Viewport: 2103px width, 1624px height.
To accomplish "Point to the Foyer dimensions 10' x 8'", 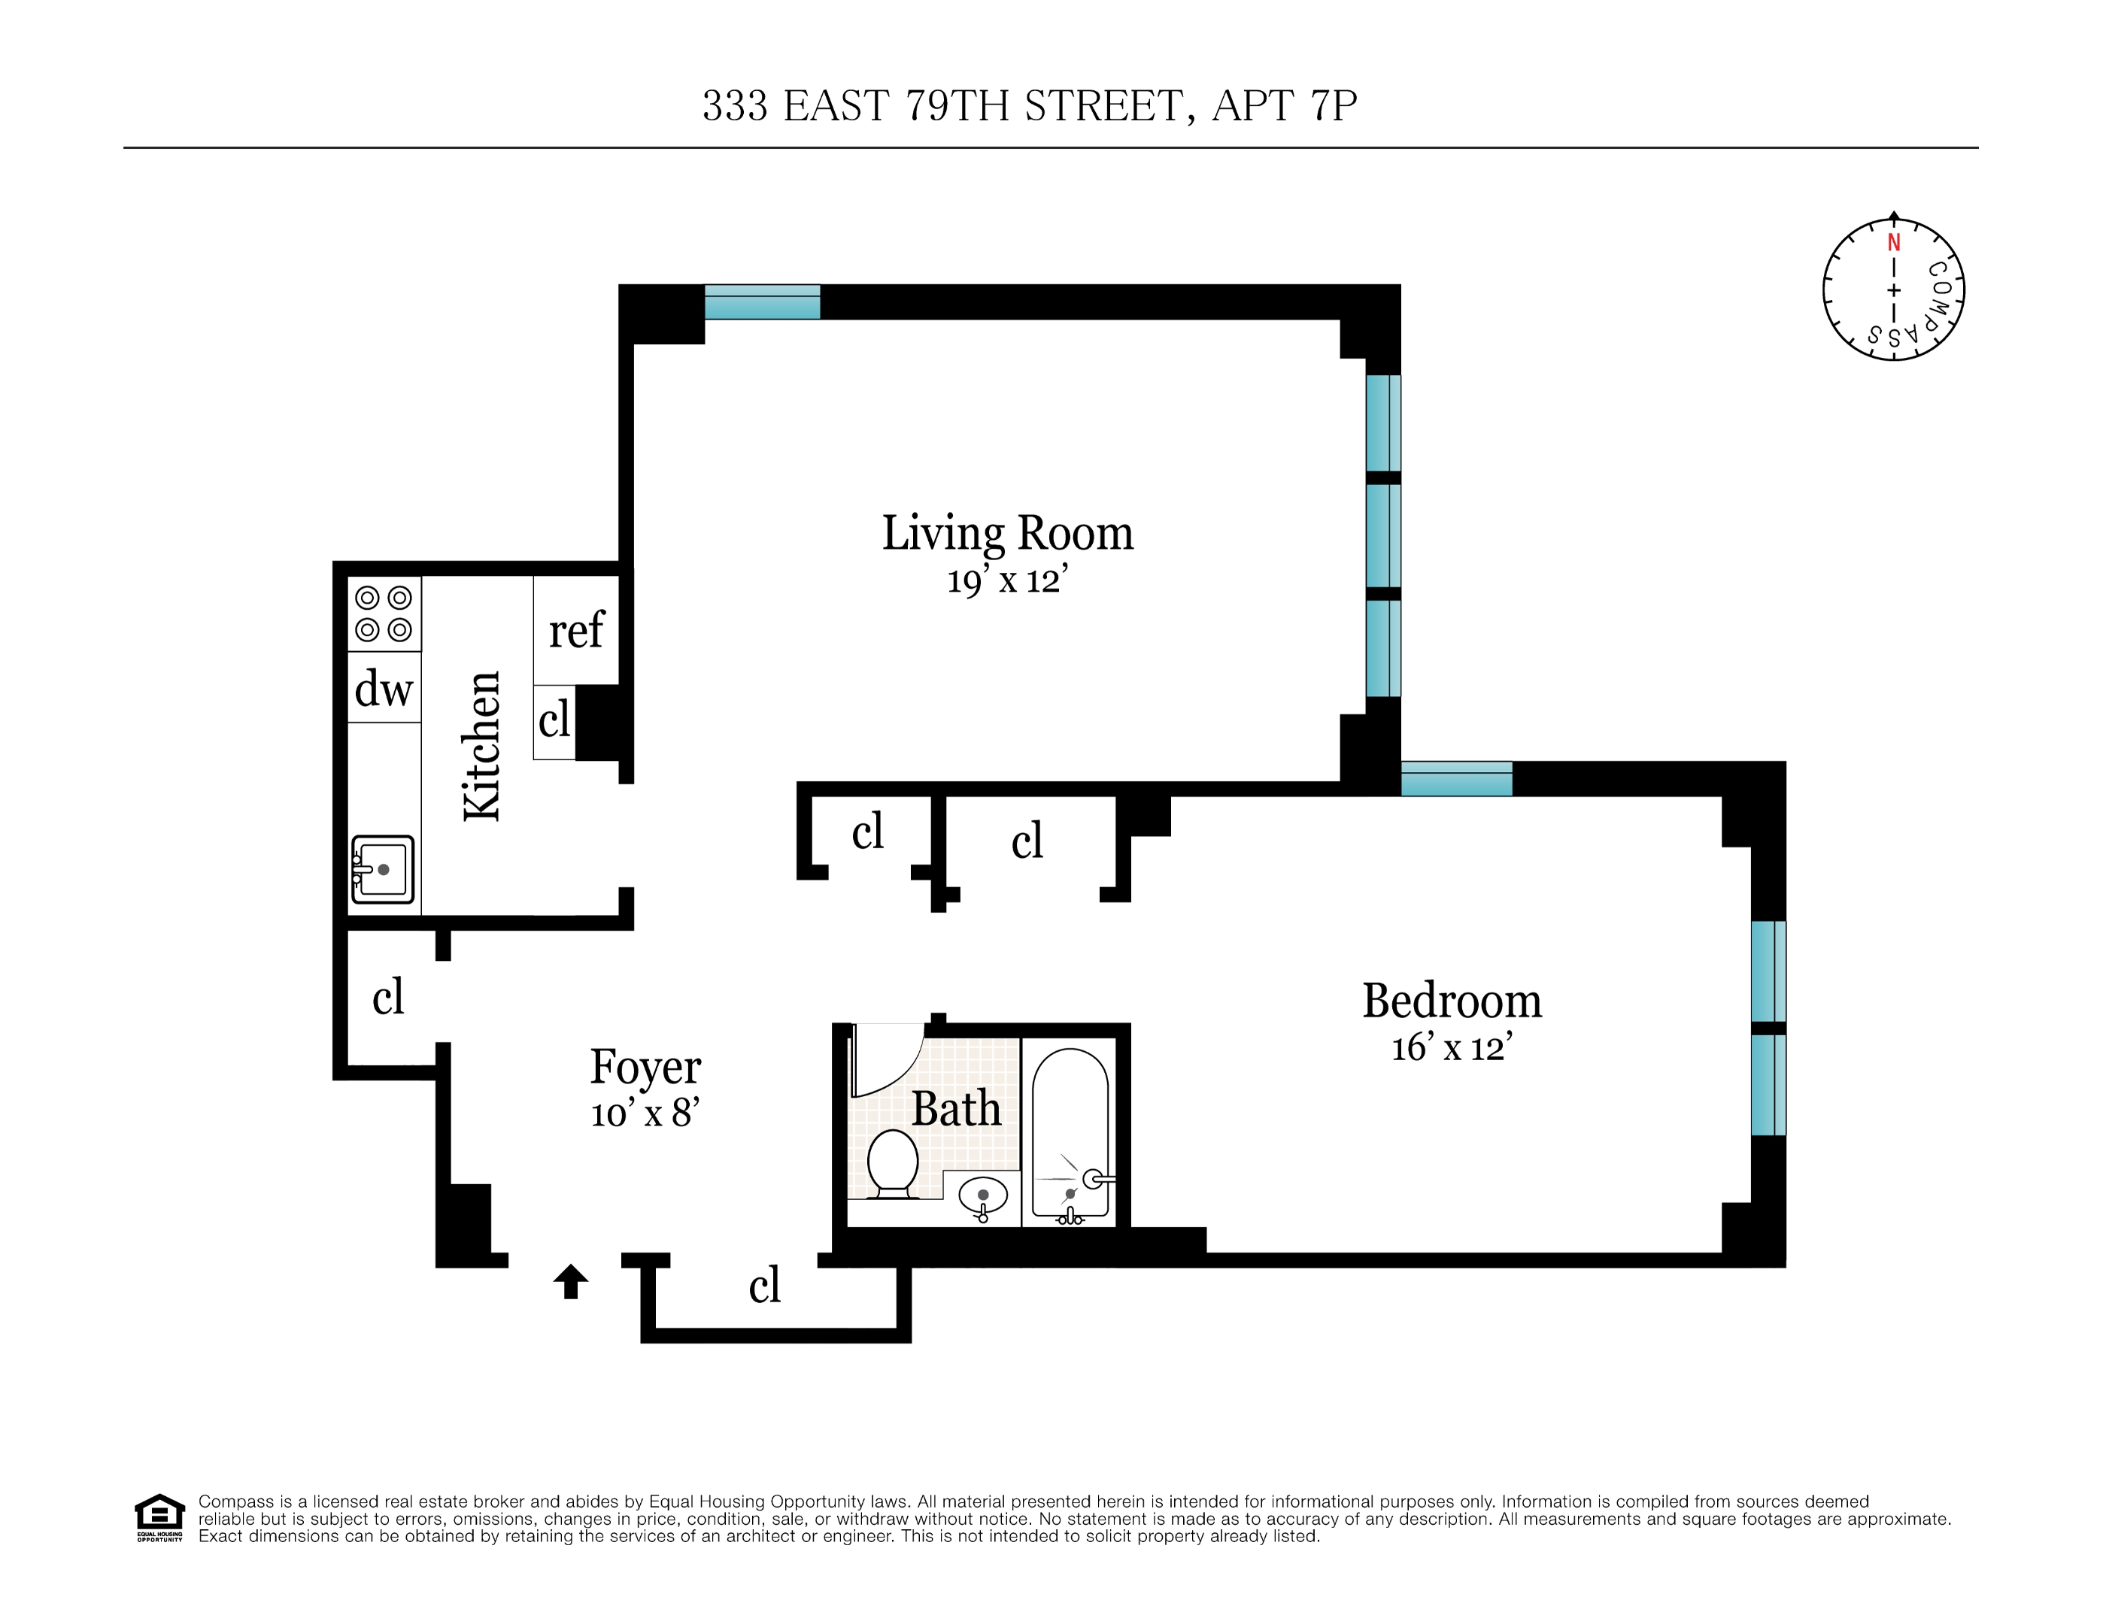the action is point(645,1113).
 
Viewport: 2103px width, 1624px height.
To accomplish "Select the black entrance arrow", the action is point(571,1281).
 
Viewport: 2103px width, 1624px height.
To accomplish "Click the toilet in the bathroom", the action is point(893,1164).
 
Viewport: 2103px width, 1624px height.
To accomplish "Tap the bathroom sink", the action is point(983,1198).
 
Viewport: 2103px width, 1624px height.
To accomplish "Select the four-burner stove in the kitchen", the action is point(384,614).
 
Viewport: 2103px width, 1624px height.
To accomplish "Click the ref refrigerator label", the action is point(576,632).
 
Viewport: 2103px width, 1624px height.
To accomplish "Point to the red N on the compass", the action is point(1894,243).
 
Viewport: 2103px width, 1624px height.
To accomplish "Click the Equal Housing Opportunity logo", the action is point(159,1518).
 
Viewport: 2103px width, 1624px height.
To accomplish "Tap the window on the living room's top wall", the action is point(763,301).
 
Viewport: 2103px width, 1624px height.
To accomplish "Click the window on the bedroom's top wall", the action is point(1456,779).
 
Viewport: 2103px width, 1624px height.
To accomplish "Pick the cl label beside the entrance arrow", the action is point(764,1285).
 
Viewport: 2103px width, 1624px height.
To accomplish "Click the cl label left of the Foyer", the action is point(388,996).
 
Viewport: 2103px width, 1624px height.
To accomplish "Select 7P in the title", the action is point(1334,106).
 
